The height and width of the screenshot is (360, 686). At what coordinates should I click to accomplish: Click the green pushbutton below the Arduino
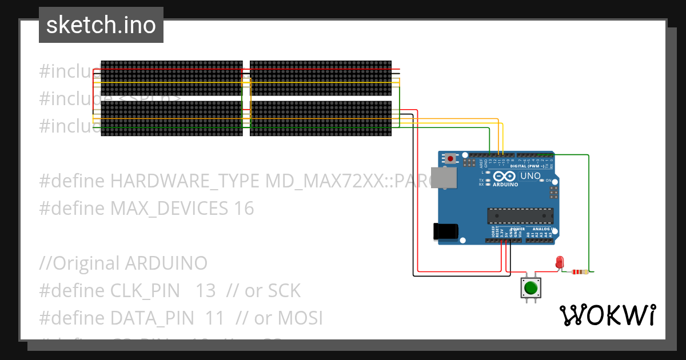click(531, 287)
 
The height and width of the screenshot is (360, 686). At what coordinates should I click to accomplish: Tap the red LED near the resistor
click(560, 262)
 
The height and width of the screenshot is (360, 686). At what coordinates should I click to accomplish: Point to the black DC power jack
click(445, 231)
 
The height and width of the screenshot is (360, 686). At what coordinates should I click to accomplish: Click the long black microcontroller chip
click(520, 216)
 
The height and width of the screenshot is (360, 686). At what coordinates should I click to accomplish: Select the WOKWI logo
click(607, 315)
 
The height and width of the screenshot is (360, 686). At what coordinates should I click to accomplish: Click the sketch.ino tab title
click(101, 26)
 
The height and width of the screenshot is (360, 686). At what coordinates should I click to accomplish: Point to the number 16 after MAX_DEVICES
click(244, 209)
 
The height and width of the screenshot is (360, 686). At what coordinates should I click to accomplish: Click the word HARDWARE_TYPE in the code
click(186, 181)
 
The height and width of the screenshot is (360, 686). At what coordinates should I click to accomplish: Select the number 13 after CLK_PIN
click(205, 291)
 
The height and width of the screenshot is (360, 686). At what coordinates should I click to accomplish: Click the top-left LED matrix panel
click(171, 78)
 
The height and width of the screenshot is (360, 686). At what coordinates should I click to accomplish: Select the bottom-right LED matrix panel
click(321, 119)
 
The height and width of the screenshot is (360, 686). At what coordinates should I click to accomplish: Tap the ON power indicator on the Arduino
click(548, 181)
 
